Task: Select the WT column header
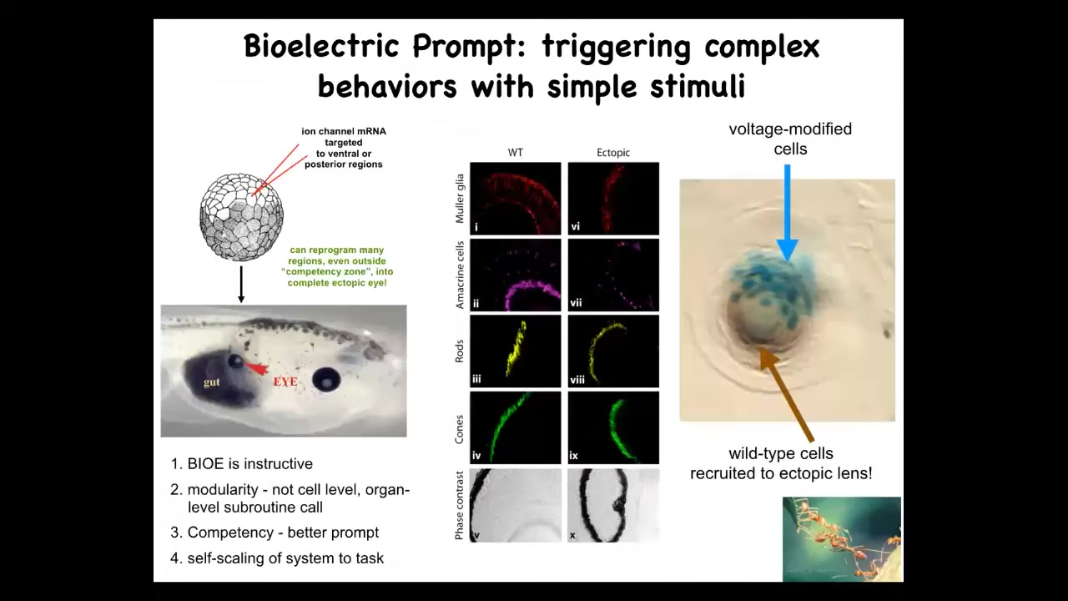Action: click(516, 153)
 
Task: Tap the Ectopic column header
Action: click(613, 153)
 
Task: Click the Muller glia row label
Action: click(460, 199)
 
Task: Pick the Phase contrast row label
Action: click(460, 506)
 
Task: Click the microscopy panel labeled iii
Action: click(516, 351)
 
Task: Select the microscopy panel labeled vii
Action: click(613, 275)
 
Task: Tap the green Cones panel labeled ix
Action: click(613, 427)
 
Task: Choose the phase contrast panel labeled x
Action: click(613, 505)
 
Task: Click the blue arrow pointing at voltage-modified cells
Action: click(787, 213)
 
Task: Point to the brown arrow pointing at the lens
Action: click(787, 395)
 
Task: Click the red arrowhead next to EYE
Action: click(256, 368)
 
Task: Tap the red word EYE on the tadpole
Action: click(285, 381)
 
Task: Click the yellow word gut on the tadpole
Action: click(212, 382)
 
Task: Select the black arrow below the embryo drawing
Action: click(241, 285)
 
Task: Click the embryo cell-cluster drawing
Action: click(241, 216)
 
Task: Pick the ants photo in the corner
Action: click(842, 539)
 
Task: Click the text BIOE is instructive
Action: click(249, 463)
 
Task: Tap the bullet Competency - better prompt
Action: click(283, 533)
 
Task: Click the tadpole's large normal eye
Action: click(326, 380)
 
